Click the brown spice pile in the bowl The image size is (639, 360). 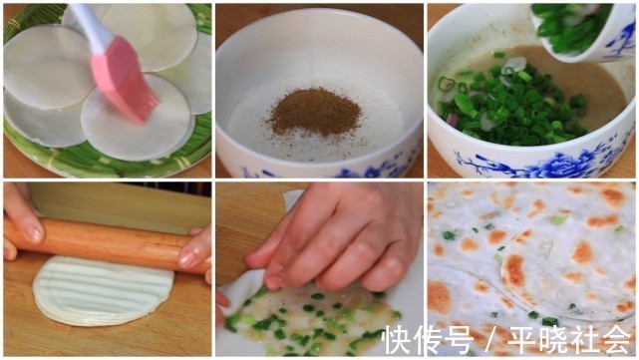click(x=315, y=111)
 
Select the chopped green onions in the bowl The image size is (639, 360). click(x=503, y=106)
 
